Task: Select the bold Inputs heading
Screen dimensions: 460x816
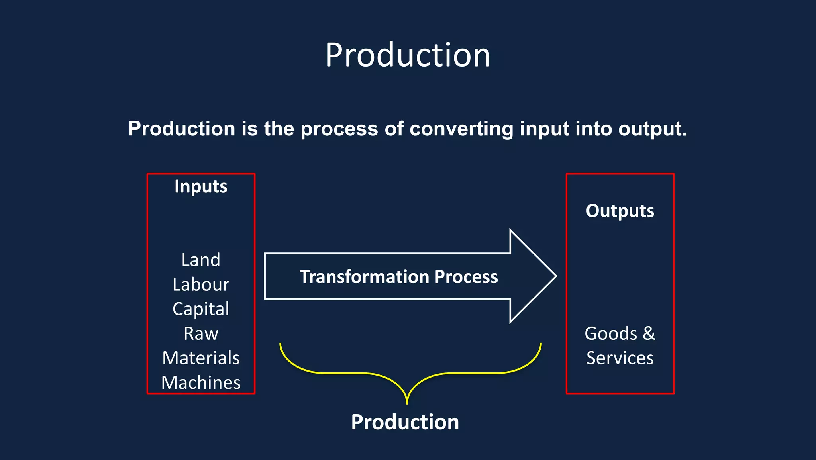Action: tap(201, 186)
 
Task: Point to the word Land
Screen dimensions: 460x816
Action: tap(201, 260)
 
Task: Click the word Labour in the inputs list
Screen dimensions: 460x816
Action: tap(201, 284)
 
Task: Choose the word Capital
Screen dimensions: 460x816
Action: tap(201, 309)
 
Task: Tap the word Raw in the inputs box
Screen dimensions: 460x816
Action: tap(201, 333)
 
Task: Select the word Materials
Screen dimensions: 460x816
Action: tap(201, 358)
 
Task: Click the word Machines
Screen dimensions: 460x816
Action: tap(201, 382)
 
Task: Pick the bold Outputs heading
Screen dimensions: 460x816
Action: tap(620, 211)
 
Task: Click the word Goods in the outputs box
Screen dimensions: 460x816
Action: tap(611, 333)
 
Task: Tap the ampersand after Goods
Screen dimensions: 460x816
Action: tap(649, 333)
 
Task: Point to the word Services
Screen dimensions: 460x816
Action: tap(620, 358)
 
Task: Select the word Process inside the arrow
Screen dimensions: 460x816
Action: tap(466, 276)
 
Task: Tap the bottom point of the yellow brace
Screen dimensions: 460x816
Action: tap(407, 403)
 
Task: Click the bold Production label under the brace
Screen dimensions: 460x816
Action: tap(405, 422)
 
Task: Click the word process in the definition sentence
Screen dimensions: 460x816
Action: tap(339, 129)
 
